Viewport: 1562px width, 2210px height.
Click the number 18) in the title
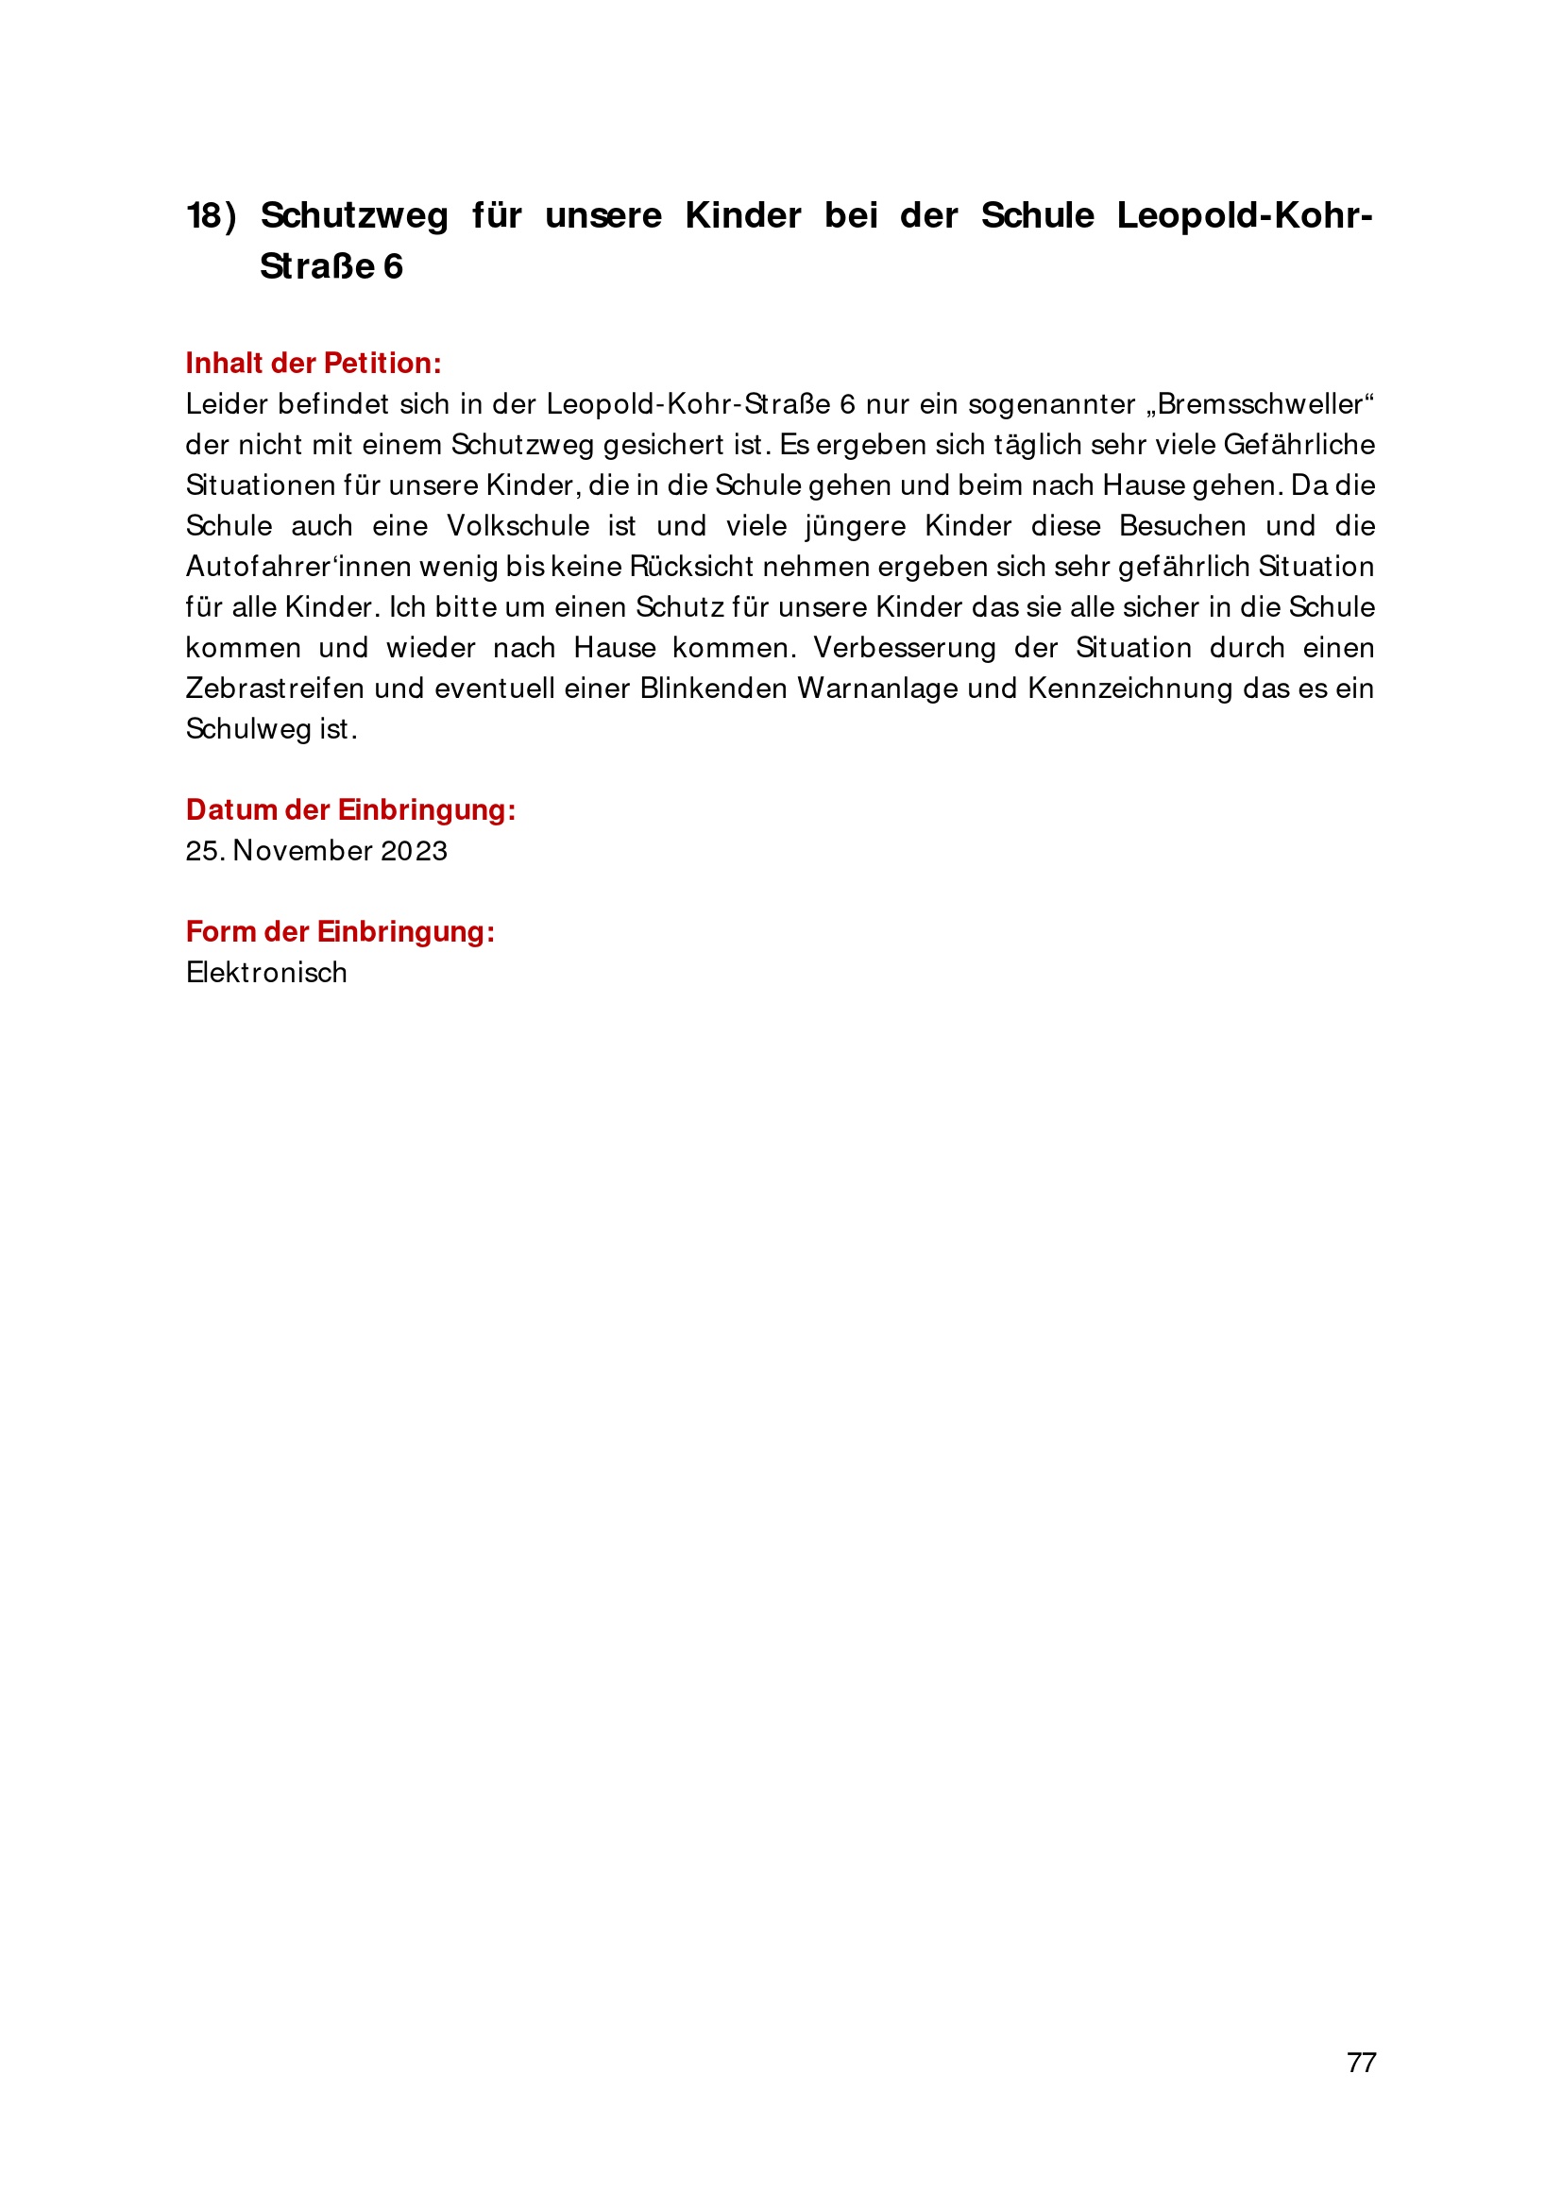[211, 215]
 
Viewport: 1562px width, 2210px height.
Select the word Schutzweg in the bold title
[354, 215]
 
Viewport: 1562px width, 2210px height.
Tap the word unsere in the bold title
[603, 215]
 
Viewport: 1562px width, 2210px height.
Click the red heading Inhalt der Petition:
[314, 363]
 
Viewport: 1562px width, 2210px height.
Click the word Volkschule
[518, 525]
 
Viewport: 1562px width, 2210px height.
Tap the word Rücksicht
[691, 566]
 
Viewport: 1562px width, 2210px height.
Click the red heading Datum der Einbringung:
[350, 809]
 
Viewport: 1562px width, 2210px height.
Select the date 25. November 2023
[316, 851]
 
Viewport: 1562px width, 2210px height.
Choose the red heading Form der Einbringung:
[340, 932]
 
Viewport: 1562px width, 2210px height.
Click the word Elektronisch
[266, 972]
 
